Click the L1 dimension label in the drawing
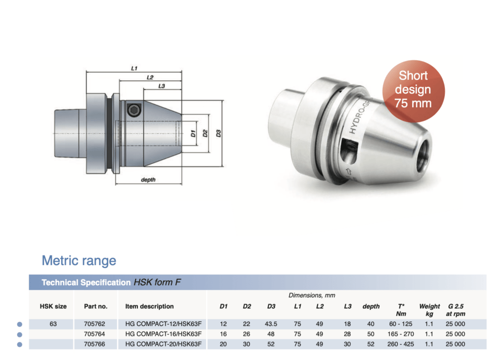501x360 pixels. tap(135, 68)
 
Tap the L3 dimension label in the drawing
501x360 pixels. tap(161, 86)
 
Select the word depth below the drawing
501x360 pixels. tap(148, 179)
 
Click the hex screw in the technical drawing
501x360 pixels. tap(133, 111)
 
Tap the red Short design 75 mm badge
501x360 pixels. tap(413, 89)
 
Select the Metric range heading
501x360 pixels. tap(79, 261)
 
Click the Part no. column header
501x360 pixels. tap(96, 306)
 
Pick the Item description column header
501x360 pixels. tap(149, 306)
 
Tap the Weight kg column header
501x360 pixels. tap(429, 309)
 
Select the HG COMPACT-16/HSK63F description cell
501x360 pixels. tap(163, 334)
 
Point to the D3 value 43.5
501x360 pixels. tap(271, 324)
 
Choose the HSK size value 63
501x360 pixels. tap(53, 324)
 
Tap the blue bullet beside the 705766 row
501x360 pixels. tap(20, 344)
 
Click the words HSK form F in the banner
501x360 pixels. tap(157, 282)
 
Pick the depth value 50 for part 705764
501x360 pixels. tap(371, 334)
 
